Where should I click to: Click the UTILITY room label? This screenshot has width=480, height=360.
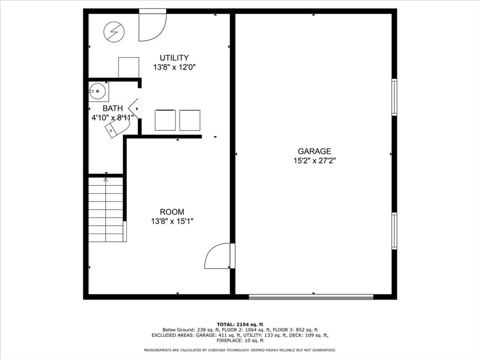tap(174, 58)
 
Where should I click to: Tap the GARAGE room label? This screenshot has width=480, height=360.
tap(315, 151)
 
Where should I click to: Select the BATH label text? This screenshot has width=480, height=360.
tap(112, 108)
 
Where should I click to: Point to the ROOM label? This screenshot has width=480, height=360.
tap(172, 212)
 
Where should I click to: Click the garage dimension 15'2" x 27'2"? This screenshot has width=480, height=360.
tap(315, 160)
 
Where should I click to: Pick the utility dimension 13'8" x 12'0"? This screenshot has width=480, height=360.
tap(174, 67)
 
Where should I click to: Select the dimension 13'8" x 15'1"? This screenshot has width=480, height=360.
tap(172, 221)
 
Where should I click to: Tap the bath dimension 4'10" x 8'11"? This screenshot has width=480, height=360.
tap(113, 117)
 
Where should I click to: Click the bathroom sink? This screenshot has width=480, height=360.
tap(98, 91)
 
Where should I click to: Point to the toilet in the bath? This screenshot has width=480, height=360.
tap(116, 128)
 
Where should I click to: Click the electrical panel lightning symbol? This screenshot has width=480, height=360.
tap(114, 32)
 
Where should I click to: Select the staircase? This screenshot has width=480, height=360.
tap(106, 210)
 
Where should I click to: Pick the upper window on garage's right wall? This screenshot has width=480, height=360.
tap(394, 97)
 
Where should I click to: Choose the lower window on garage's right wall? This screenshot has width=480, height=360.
tap(394, 231)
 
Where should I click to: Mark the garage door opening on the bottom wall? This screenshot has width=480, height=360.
tap(311, 296)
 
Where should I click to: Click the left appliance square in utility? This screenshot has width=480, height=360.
tap(165, 120)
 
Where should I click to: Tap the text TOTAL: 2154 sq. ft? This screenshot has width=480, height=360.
tap(240, 324)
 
